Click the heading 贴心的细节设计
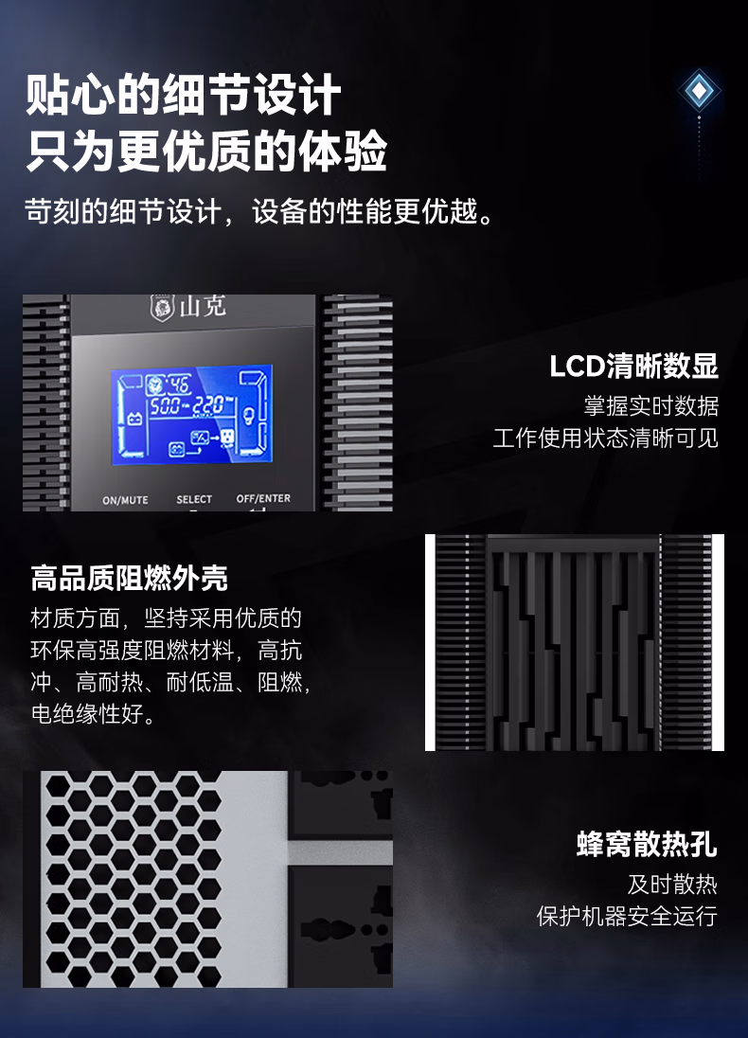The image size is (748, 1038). (x=184, y=95)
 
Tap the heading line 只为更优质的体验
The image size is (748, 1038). (x=206, y=151)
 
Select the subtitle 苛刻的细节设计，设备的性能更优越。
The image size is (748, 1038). (x=259, y=212)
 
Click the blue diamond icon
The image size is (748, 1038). (x=699, y=90)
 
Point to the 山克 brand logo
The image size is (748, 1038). (x=188, y=307)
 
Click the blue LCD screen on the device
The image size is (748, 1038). (x=192, y=414)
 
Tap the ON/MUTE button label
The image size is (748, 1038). (x=125, y=500)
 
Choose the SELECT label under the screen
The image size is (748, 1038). (x=194, y=499)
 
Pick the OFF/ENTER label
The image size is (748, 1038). (x=263, y=498)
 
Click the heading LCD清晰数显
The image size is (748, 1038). (x=634, y=367)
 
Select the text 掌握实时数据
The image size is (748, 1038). (x=651, y=405)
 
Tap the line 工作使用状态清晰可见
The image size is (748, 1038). (x=606, y=438)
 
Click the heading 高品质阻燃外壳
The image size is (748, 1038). (x=129, y=578)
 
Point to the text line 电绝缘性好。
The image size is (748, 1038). (x=94, y=714)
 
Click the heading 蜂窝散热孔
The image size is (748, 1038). (x=647, y=844)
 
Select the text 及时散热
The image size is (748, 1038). (x=672, y=885)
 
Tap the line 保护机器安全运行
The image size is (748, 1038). (x=627, y=916)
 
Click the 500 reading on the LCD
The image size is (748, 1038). (x=166, y=405)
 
